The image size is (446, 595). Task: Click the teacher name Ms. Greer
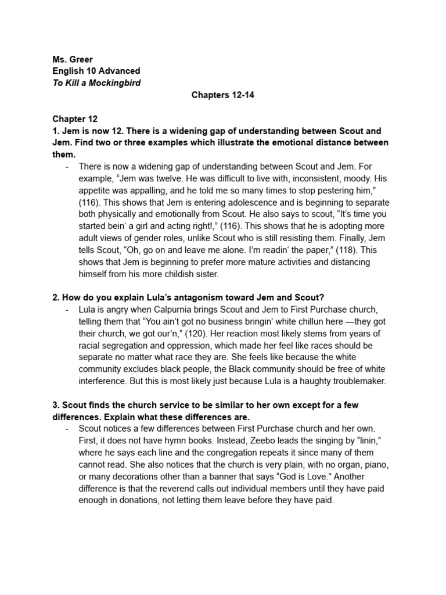(72, 59)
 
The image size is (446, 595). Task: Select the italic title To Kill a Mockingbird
(96, 83)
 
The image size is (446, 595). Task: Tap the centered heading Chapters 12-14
(222, 95)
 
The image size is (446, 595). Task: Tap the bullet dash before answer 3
(69, 429)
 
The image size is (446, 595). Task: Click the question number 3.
(56, 405)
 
